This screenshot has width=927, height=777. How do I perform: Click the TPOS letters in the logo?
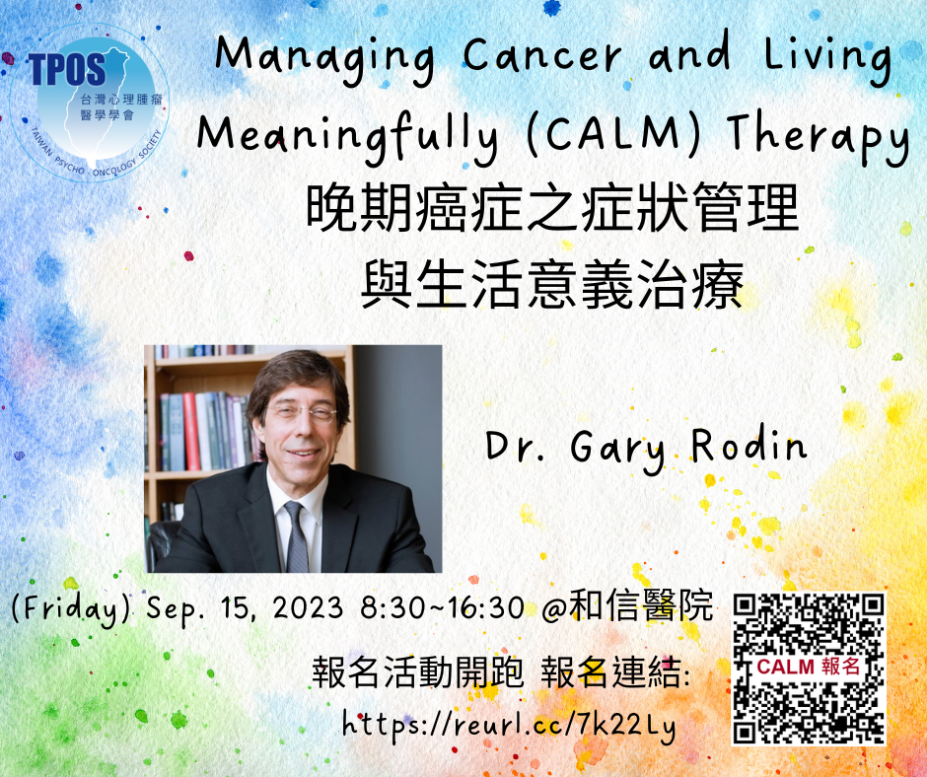tap(67, 69)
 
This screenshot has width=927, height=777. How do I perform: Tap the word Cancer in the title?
tap(541, 55)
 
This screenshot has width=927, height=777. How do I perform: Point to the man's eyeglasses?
tap(302, 412)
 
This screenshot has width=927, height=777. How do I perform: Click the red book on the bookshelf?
tap(191, 431)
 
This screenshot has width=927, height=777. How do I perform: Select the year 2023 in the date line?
tap(308, 607)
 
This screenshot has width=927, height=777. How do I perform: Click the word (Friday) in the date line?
tap(71, 609)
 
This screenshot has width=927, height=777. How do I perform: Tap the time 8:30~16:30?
tap(442, 607)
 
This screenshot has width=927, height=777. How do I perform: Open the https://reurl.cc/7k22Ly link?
tap(509, 725)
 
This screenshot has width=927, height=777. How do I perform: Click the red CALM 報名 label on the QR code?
tap(809, 667)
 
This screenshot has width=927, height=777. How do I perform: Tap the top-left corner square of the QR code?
tap(745, 606)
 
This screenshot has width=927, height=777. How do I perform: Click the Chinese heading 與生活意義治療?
tap(552, 286)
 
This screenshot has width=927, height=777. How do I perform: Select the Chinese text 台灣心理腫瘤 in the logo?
tap(120, 100)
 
